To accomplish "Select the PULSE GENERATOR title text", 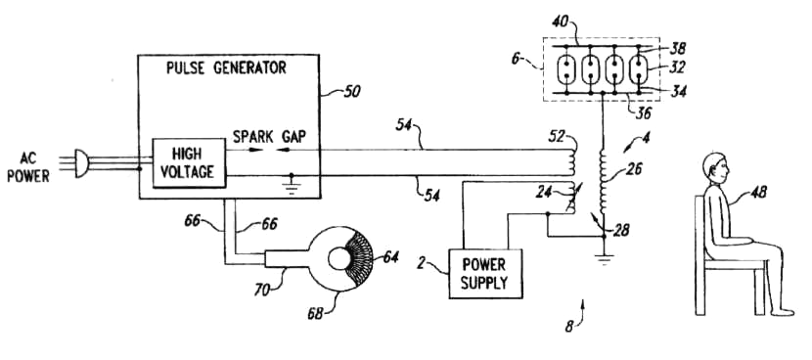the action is point(226,67).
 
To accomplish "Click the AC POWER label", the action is point(28,167).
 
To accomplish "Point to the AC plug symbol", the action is point(82,163).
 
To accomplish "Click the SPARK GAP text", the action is point(269,136).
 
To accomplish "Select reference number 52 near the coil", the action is point(557,138).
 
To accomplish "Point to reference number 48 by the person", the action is point(758,194).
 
